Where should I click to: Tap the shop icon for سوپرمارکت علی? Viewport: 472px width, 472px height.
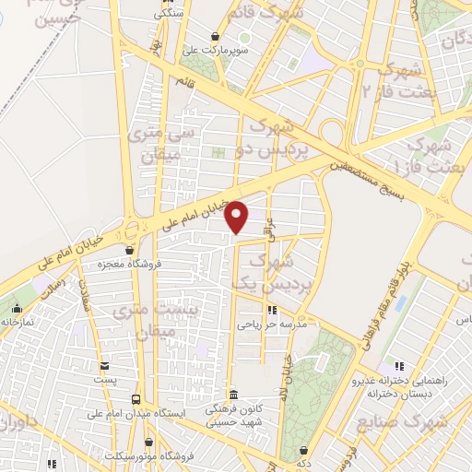coord(215,37)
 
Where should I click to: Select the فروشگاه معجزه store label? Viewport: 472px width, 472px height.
coord(129,264)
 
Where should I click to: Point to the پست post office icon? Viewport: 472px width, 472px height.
coord(104,367)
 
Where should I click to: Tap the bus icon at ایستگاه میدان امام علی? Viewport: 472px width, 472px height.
coord(136,400)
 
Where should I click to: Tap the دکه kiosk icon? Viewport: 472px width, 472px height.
coord(304,451)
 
